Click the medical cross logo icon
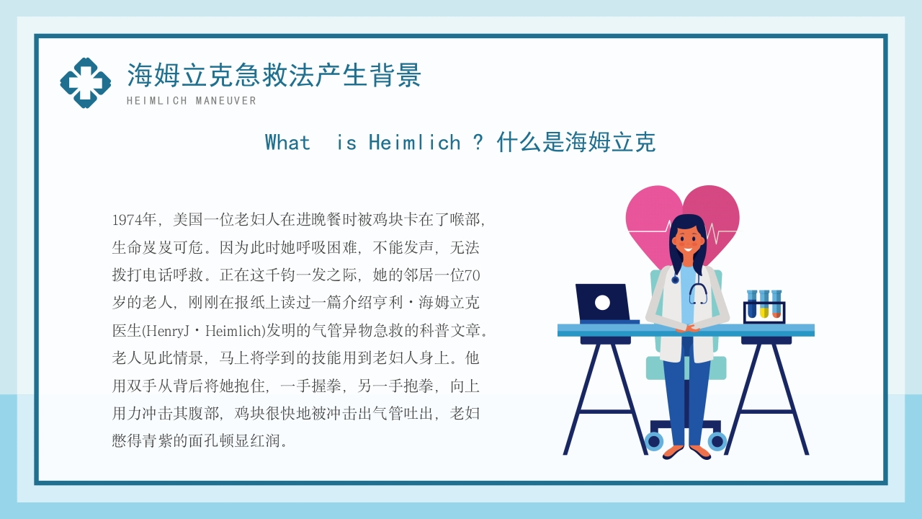[86, 83]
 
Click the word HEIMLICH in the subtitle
[157, 101]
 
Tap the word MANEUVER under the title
[226, 101]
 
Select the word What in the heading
[287, 143]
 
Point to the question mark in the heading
[478, 143]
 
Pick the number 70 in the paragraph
[472, 275]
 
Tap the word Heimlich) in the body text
[236, 331]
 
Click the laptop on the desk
[605, 303]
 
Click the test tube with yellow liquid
[764, 304]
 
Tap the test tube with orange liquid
[776, 304]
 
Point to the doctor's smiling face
[689, 242]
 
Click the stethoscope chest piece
[675, 280]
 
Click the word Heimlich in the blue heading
[414, 143]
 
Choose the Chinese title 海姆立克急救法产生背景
[274, 76]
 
